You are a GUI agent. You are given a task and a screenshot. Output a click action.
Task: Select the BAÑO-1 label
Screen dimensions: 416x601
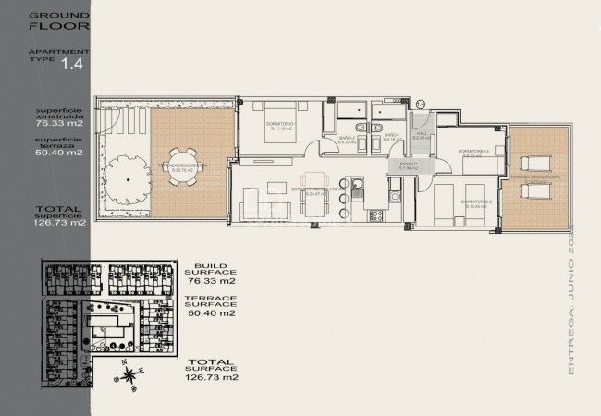[x=391, y=138]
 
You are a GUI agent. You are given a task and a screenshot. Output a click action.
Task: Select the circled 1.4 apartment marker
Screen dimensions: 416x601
[x=421, y=104]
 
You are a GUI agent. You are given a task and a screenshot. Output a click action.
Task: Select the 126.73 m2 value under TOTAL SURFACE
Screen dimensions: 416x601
[x=213, y=377]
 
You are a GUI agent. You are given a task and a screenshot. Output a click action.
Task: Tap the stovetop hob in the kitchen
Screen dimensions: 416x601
[x=374, y=216]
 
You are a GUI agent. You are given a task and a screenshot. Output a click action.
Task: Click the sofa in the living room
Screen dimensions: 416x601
[x=251, y=203]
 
